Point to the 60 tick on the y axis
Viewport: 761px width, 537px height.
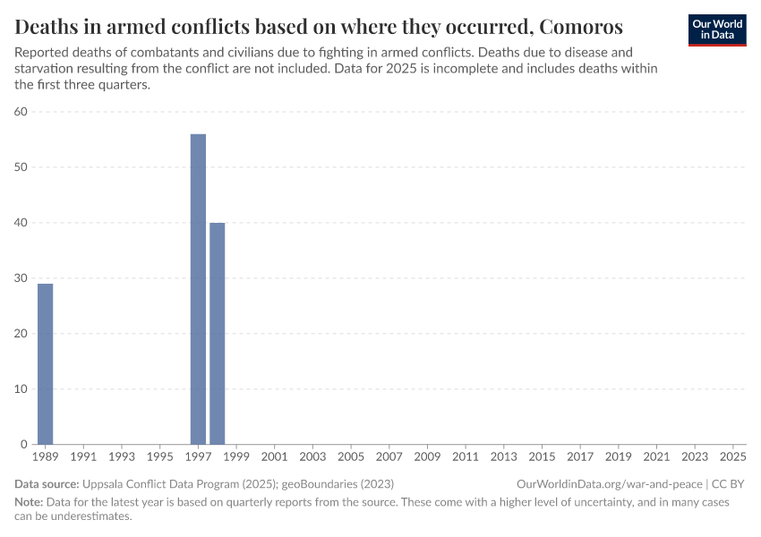21,112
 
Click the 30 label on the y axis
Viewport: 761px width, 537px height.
21,278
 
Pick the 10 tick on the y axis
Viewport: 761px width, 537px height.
21,389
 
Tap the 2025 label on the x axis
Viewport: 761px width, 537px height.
732,457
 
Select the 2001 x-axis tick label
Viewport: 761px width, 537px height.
274,457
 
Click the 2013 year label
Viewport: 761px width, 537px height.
503,457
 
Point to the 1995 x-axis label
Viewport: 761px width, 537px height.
159,457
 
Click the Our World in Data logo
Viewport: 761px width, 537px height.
717,29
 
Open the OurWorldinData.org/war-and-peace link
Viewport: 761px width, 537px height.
609,483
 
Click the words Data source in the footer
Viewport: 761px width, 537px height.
45,483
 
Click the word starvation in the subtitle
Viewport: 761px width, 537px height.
45,69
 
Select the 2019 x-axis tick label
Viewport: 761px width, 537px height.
618,457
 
